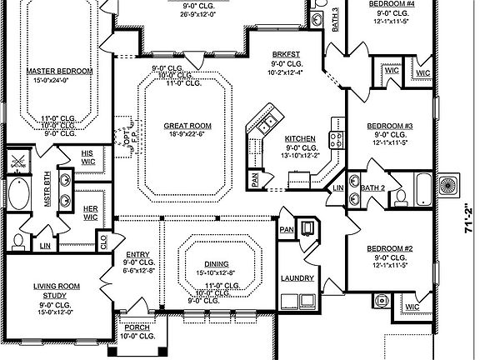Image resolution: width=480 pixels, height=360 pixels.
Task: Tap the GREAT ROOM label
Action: (181, 126)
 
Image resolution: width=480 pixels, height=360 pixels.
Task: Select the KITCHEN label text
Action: (300, 138)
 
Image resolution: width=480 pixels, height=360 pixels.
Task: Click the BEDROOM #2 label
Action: (390, 249)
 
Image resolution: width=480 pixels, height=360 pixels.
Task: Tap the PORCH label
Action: (137, 327)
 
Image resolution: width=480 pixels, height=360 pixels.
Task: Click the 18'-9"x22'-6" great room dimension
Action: (181, 135)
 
